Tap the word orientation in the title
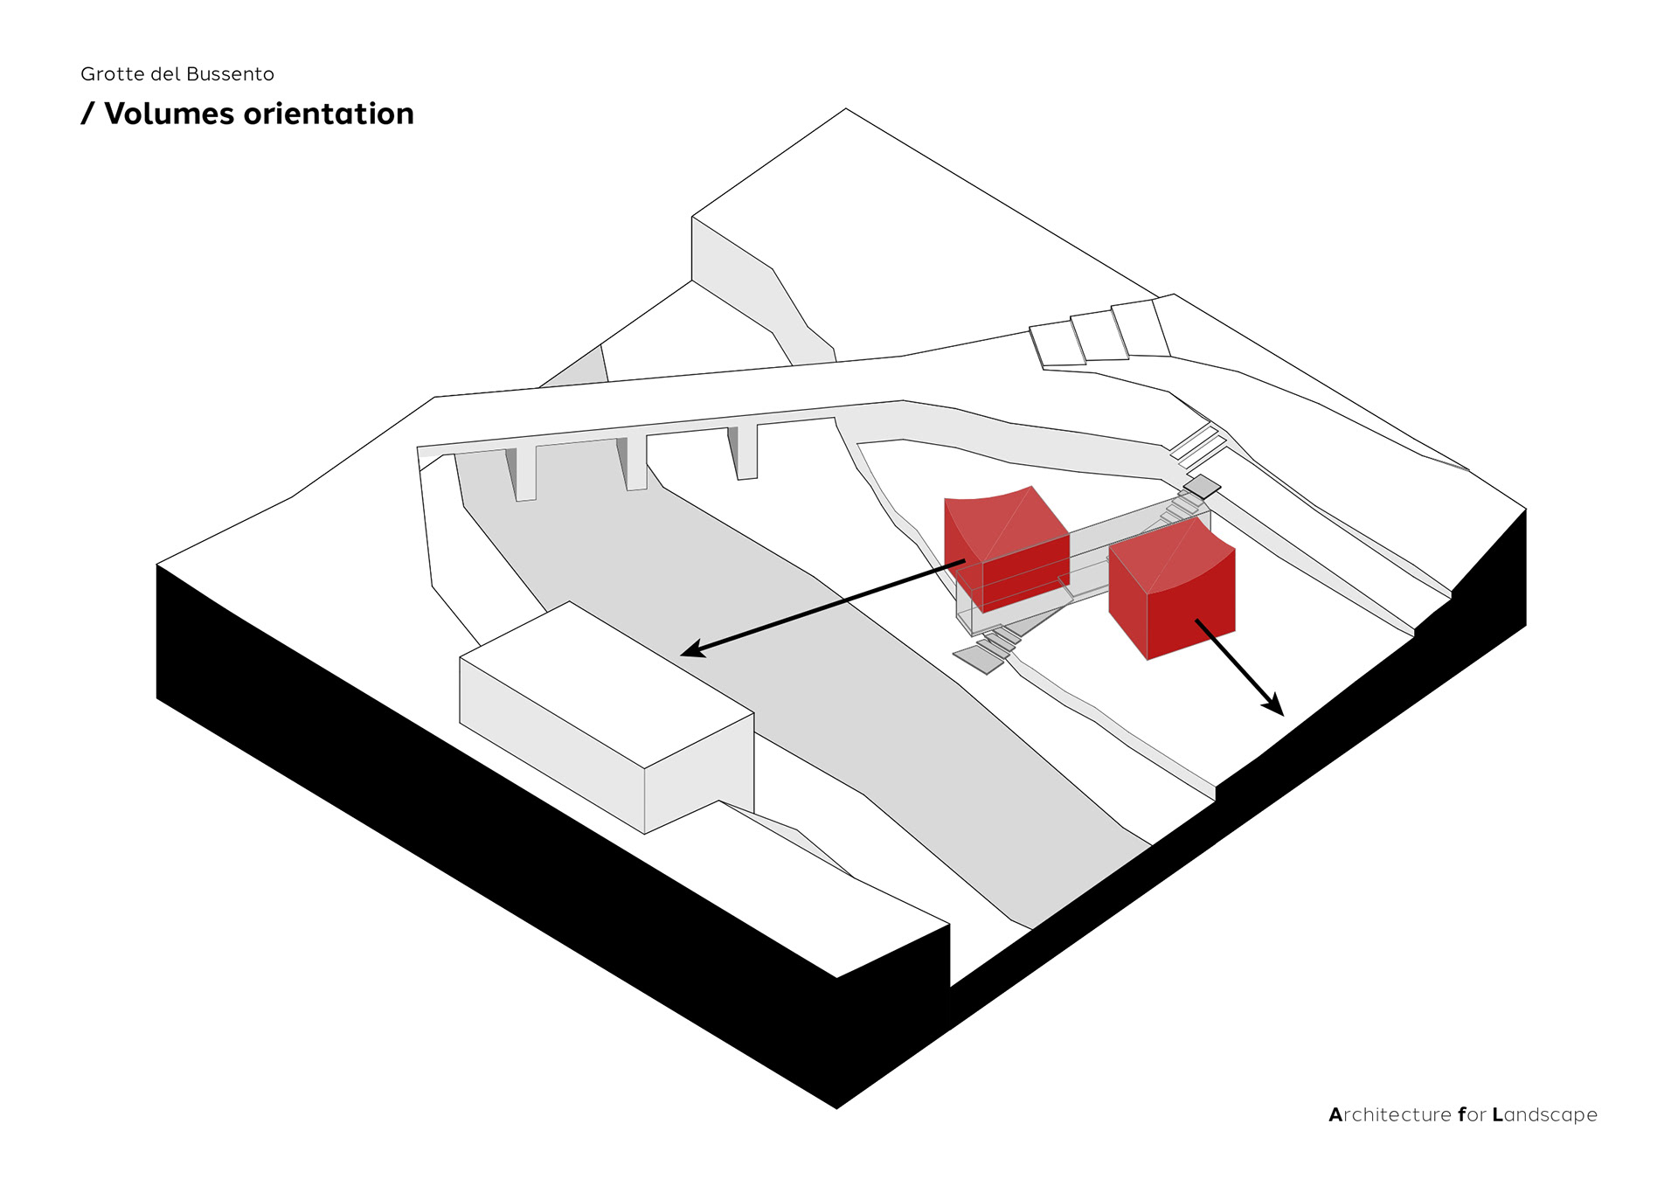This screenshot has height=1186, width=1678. [329, 114]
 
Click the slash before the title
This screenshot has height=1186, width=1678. [87, 114]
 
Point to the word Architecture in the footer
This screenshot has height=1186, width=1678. [1390, 1114]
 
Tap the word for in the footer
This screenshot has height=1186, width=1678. [1472, 1114]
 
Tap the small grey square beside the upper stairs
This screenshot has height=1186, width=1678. [1203, 486]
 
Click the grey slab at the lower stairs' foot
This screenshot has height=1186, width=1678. [979, 659]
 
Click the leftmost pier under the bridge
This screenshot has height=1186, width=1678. [525, 473]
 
